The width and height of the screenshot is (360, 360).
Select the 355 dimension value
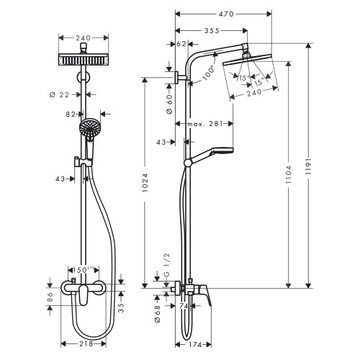211,30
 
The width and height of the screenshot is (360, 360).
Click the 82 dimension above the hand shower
71,113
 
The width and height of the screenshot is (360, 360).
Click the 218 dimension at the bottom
87,345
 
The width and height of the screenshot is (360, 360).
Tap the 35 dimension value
120,305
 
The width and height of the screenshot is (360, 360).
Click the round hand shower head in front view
89,130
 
